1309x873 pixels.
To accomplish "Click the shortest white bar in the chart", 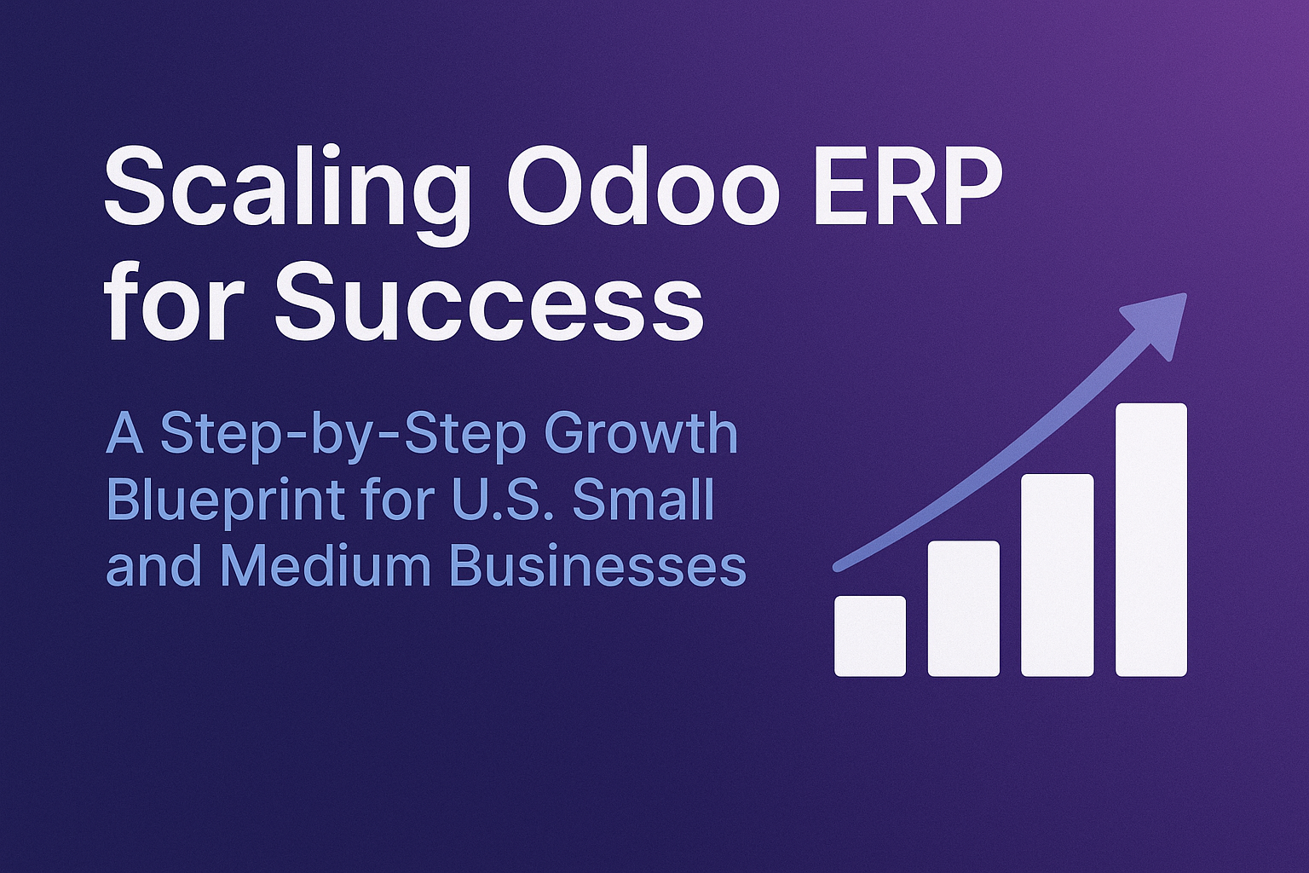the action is [x=870, y=636].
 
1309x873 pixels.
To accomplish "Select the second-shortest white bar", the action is [x=964, y=608].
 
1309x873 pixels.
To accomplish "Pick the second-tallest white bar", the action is [x=1057, y=575].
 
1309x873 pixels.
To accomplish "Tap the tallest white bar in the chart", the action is [x=1151, y=540].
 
